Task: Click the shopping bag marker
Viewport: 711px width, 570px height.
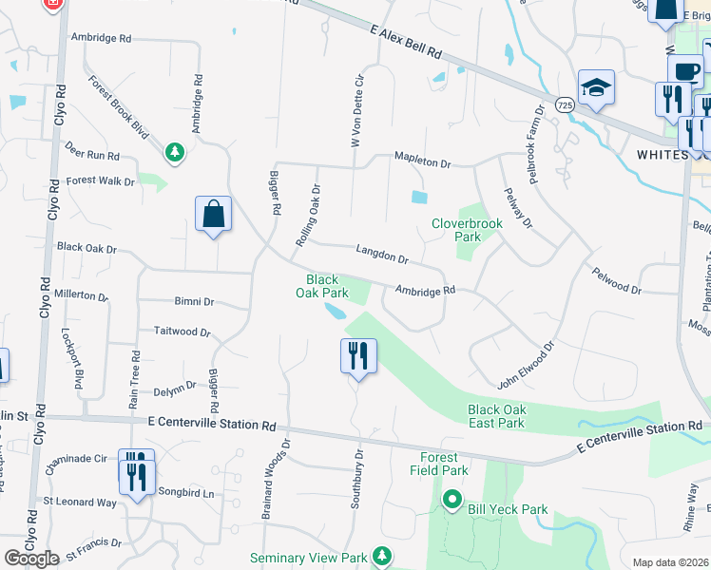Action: click(x=214, y=214)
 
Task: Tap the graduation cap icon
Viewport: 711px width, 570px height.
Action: click(x=597, y=88)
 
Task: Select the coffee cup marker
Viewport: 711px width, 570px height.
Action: click(x=685, y=71)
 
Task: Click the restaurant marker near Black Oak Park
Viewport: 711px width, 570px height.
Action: click(x=358, y=356)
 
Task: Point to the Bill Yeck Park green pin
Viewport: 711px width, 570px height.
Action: click(x=452, y=498)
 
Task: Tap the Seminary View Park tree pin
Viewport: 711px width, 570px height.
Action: click(x=382, y=554)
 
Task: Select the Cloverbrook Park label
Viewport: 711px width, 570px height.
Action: click(x=466, y=229)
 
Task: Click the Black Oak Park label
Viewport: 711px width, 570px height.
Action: click(x=323, y=286)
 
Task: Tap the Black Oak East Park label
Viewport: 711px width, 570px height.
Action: click(x=496, y=416)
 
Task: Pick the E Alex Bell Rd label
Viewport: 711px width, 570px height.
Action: click(x=407, y=44)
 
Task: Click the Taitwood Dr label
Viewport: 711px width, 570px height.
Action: click(x=182, y=332)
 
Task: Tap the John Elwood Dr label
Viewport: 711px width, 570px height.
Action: click(x=524, y=369)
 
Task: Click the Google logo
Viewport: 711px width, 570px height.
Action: click(x=32, y=558)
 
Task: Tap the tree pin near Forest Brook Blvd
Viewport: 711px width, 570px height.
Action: click(x=174, y=152)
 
